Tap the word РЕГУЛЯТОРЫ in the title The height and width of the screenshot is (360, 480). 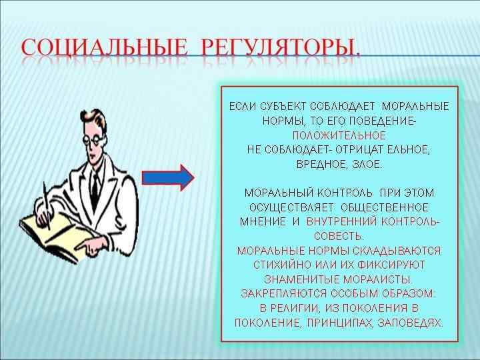click(x=281, y=49)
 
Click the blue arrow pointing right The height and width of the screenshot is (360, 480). click(x=169, y=177)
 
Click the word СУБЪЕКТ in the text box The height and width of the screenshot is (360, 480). click(x=279, y=107)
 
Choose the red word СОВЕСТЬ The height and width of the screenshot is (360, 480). click(x=339, y=236)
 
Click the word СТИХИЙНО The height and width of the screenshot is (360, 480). click(x=283, y=265)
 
